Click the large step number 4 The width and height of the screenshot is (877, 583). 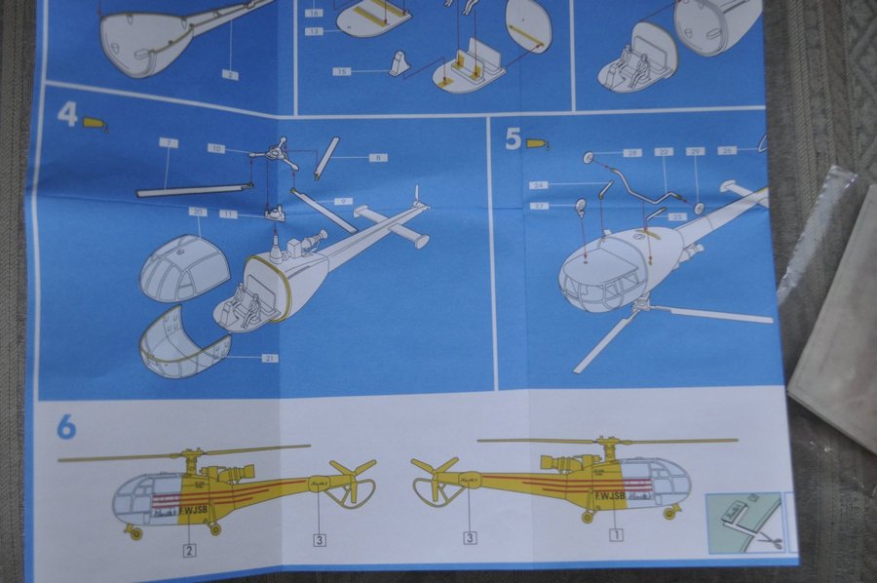pyautogui.click(x=66, y=115)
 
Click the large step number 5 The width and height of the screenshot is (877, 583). pyautogui.click(x=514, y=138)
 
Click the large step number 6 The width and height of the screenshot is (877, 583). pyautogui.click(x=66, y=427)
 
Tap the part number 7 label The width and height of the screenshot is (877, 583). pyautogui.click(x=169, y=143)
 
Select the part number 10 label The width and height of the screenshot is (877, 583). pyautogui.click(x=216, y=148)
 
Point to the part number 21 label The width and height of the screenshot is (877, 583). pyautogui.click(x=268, y=359)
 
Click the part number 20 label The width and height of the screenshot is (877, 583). pyautogui.click(x=198, y=212)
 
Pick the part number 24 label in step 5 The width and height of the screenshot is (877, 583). pyautogui.click(x=539, y=184)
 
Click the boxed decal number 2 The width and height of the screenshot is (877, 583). pyautogui.click(x=189, y=550)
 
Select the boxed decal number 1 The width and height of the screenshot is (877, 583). pyautogui.click(x=615, y=534)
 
